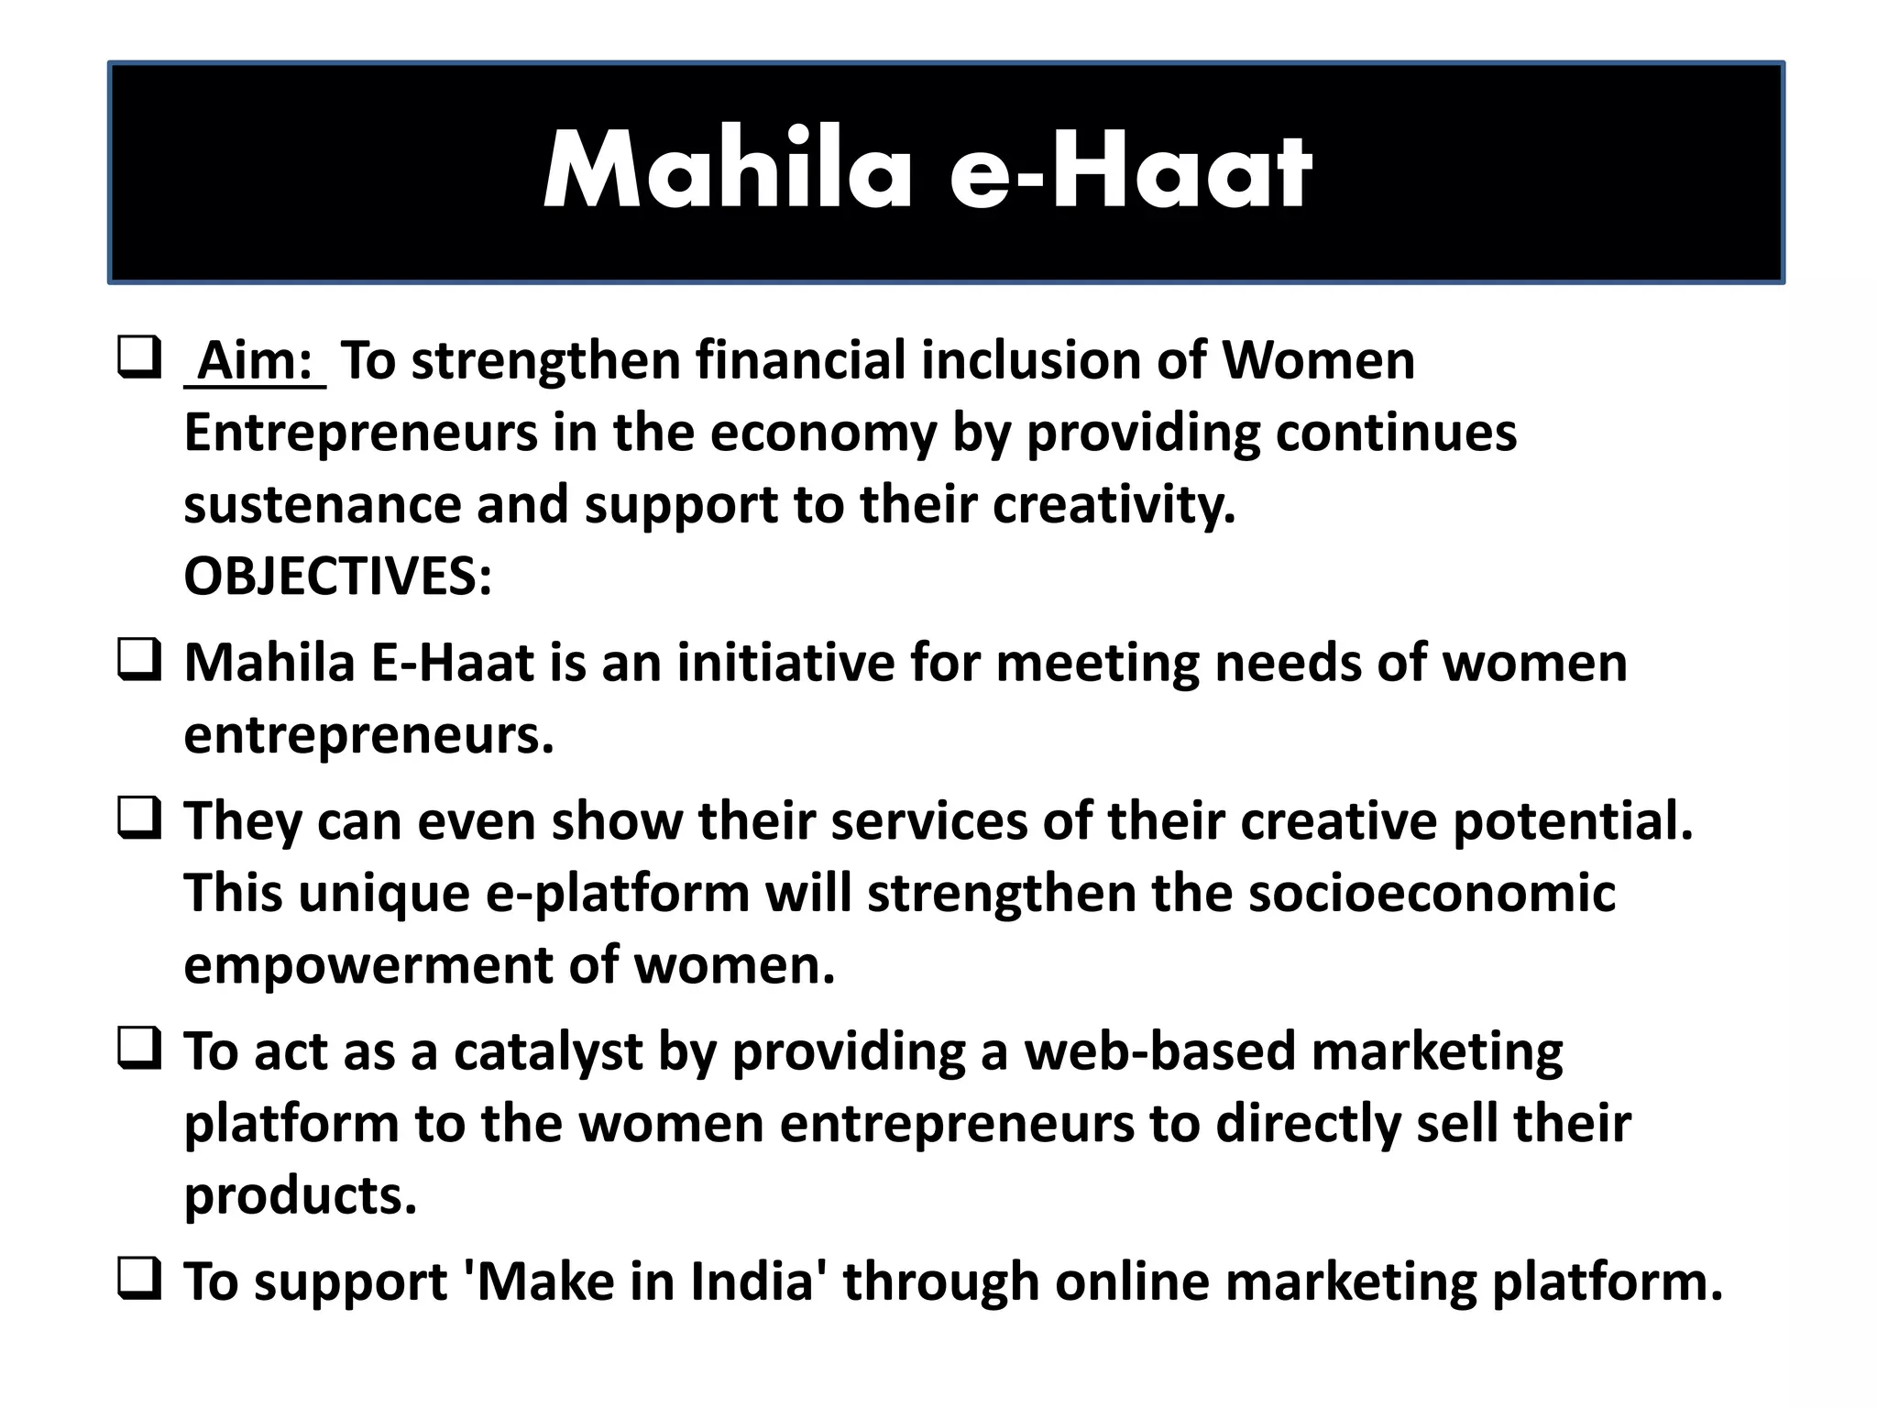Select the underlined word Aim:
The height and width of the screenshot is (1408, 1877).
[256, 360]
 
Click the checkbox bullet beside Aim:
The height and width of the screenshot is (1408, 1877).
[139, 357]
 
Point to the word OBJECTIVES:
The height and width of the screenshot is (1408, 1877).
[338, 577]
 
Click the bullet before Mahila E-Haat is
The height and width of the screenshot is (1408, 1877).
[139, 660]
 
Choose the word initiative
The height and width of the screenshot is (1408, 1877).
[785, 663]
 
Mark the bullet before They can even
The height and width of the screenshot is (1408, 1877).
[139, 818]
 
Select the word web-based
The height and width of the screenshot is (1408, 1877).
[1159, 1051]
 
